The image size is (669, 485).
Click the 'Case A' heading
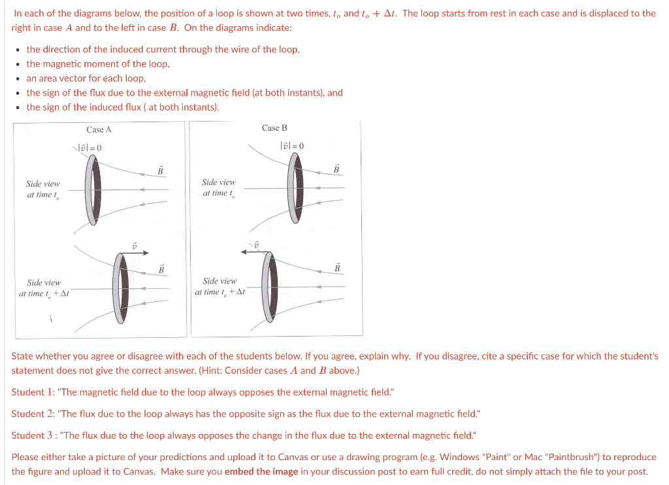(99, 129)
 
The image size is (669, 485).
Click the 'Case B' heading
(274, 127)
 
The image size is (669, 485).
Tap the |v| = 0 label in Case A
(90, 148)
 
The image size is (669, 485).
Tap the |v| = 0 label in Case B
(291, 146)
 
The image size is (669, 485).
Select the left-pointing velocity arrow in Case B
(250, 250)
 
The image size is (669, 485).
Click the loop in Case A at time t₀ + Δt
(120, 288)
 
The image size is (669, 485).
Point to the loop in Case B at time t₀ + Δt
(269, 286)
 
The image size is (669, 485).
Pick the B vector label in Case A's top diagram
(160, 171)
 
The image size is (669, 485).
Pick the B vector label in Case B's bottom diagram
(337, 267)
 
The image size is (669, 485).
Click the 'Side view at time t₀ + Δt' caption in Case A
(44, 288)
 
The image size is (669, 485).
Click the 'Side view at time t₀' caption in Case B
(218, 188)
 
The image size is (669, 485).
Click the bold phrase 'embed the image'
(261, 471)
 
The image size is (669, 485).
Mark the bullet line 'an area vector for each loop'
(86, 78)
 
